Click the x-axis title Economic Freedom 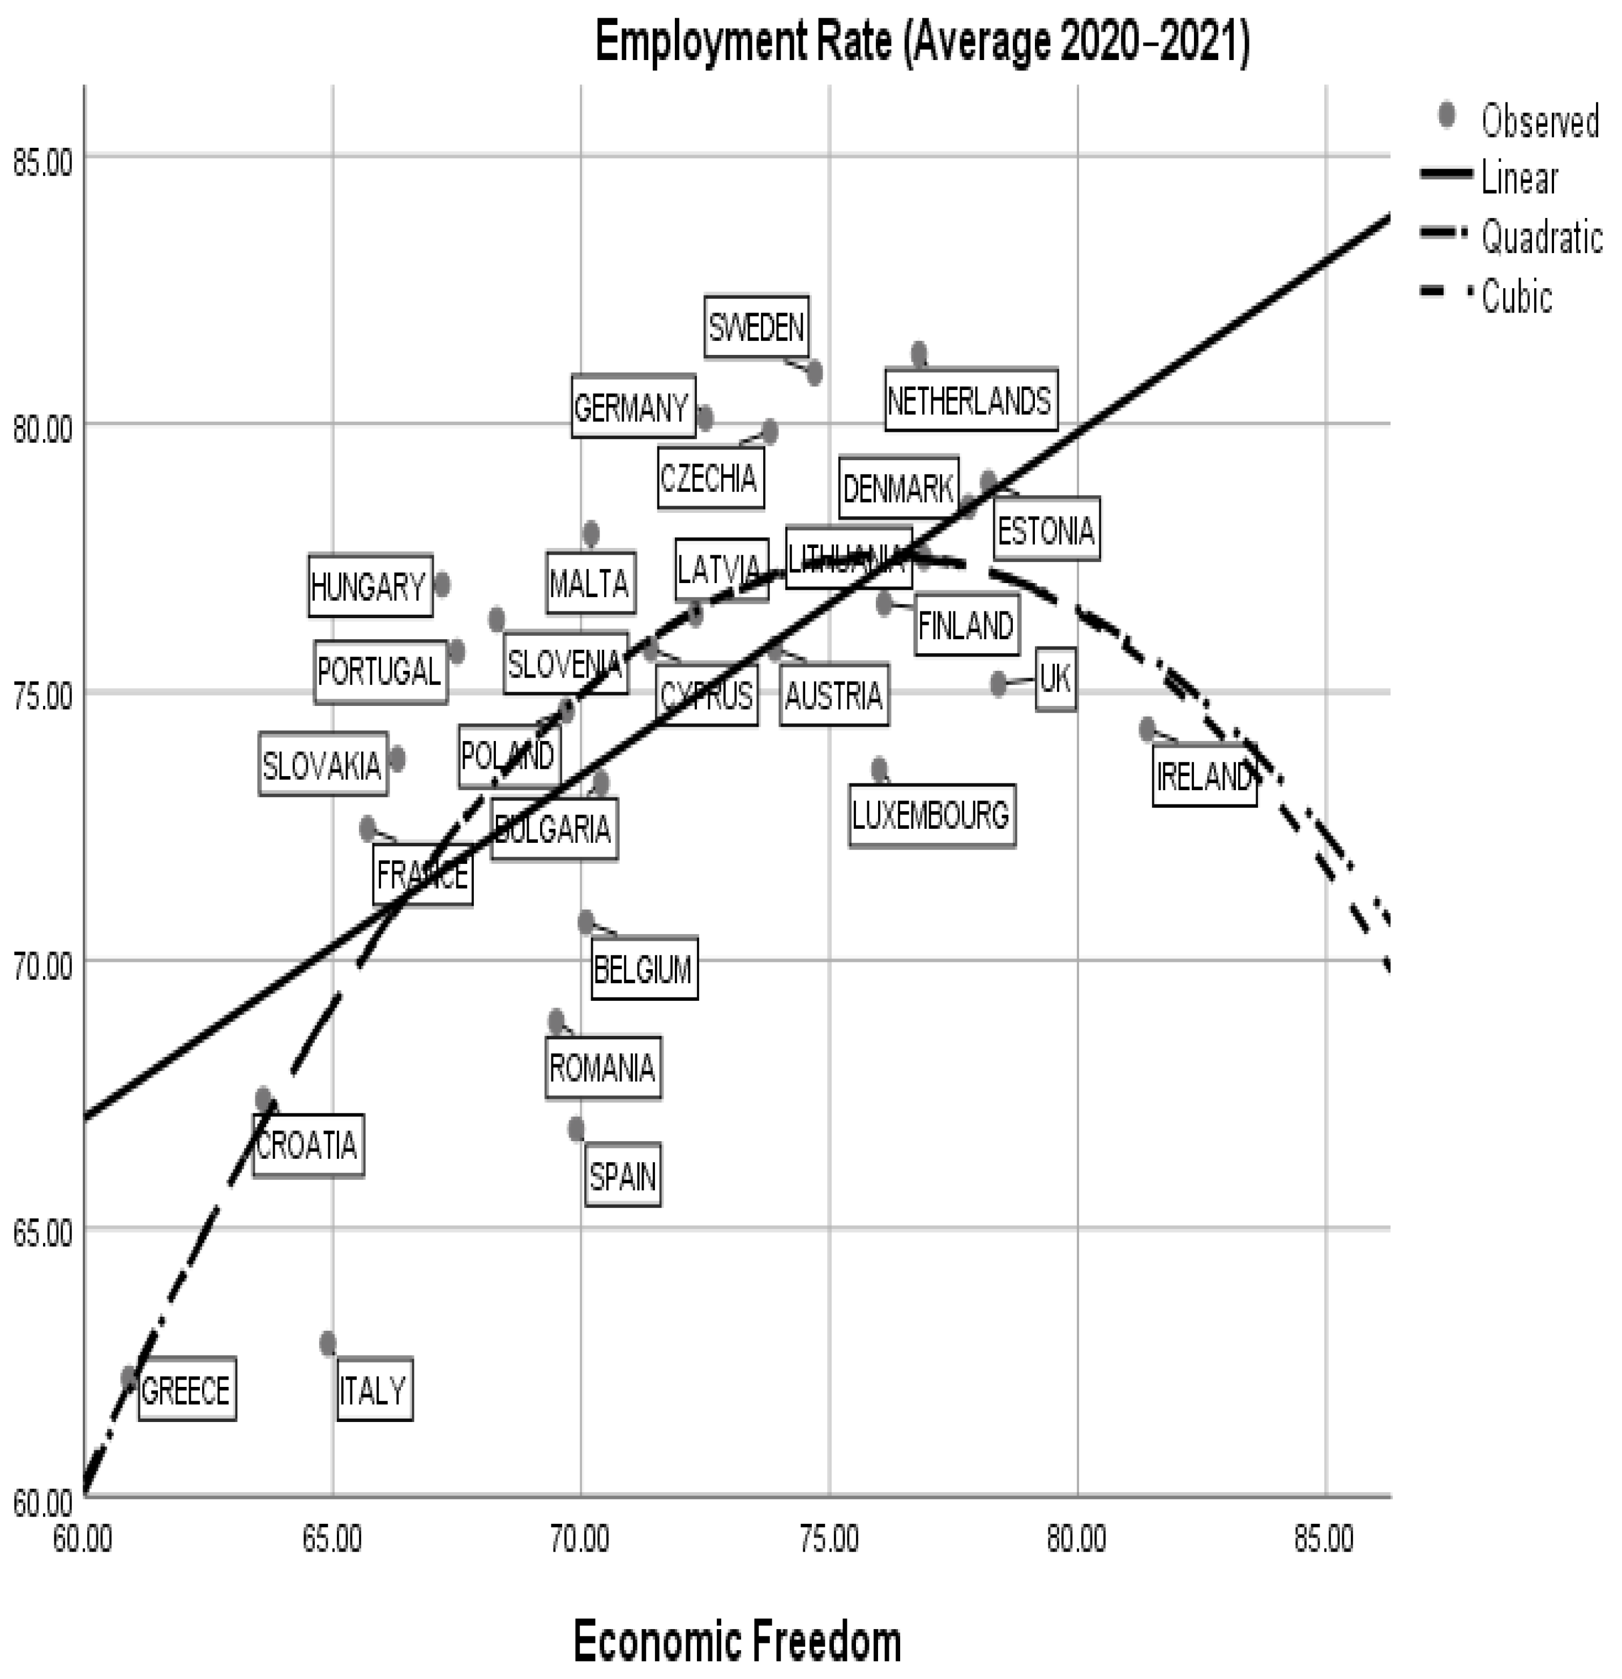coord(737,1641)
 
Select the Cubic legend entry coord(1516,297)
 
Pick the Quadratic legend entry coord(1540,237)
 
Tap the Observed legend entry coord(1539,120)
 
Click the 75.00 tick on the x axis coord(829,1539)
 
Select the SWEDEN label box coord(756,327)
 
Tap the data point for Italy coord(327,1343)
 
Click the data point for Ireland coord(1148,729)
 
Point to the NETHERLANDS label coord(970,400)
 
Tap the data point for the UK coord(998,683)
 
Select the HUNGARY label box coord(369,586)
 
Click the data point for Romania coord(556,1021)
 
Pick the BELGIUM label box coord(644,968)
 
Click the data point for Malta coord(590,533)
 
